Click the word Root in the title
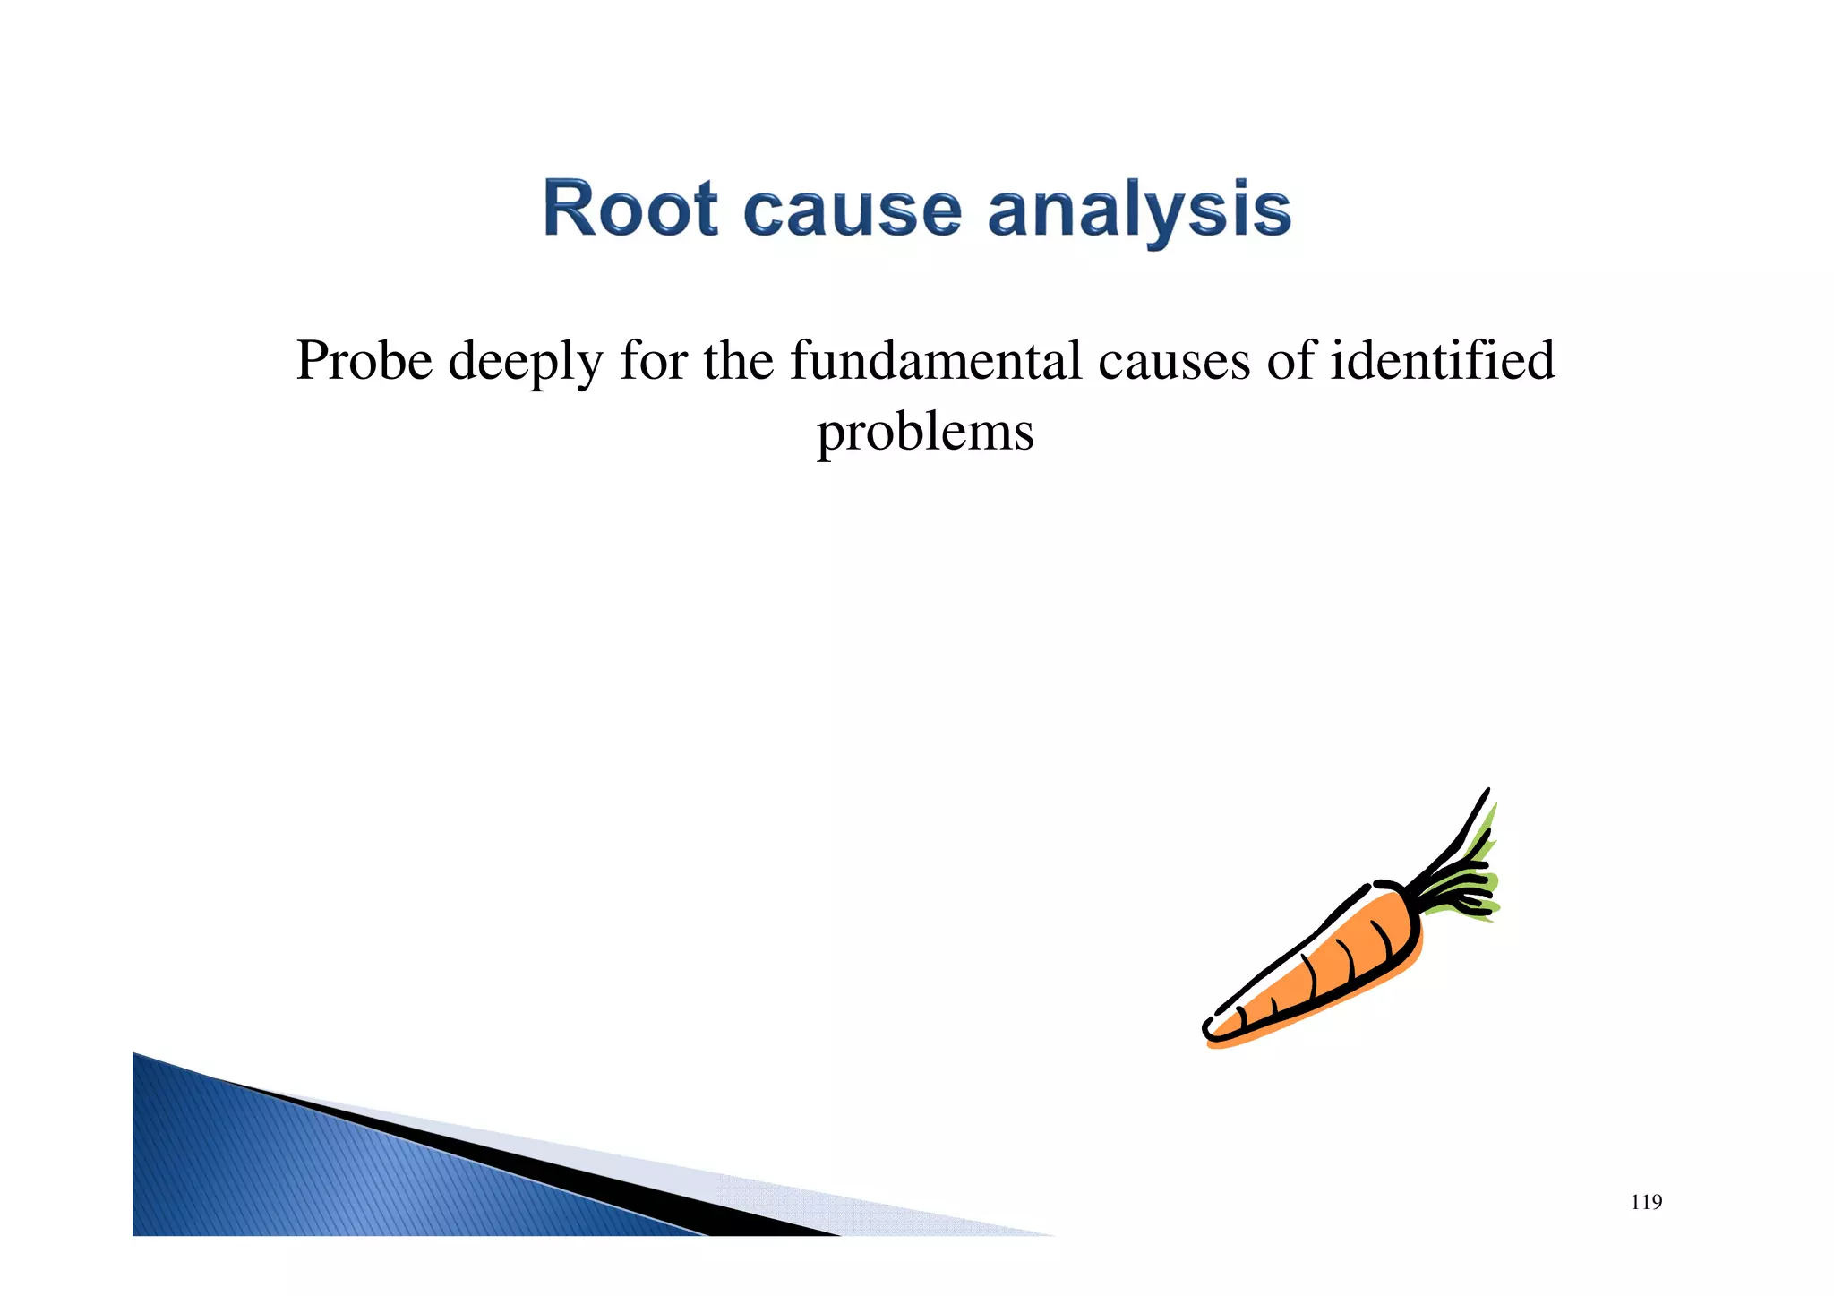[x=630, y=210]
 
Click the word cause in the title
[x=853, y=211]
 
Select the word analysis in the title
[x=1139, y=211]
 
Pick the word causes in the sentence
[x=1173, y=362]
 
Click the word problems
[x=925, y=433]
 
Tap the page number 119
[x=1646, y=1203]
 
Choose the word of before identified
[x=1290, y=361]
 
